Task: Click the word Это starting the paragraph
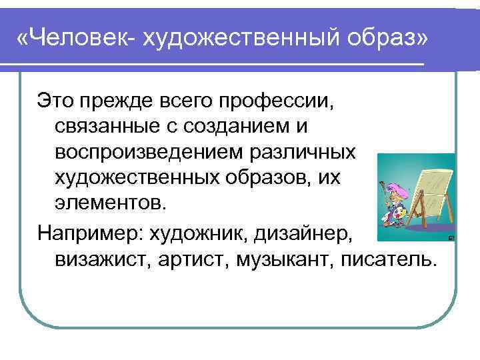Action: click(x=54, y=102)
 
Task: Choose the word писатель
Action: click(x=399, y=258)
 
